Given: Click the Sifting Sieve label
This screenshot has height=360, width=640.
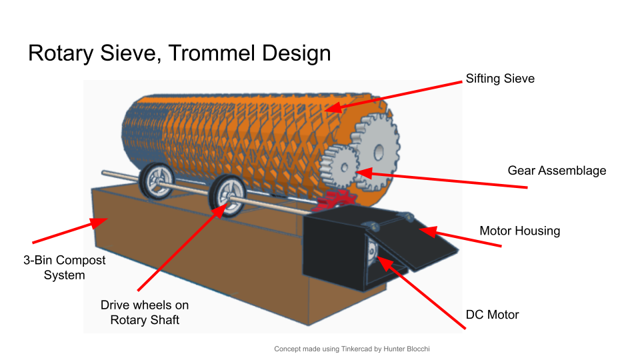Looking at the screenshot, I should [x=500, y=79].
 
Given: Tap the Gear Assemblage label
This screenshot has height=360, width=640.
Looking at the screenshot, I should [x=557, y=171].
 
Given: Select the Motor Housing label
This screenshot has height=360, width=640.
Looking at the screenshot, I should [x=519, y=231].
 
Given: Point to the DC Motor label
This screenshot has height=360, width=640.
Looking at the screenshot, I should [x=492, y=315].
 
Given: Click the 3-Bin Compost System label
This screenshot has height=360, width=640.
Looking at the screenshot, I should [x=65, y=267].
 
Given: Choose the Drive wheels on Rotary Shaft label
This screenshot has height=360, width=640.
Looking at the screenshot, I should [x=145, y=313].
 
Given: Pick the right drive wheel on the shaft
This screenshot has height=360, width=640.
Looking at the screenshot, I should [x=227, y=195].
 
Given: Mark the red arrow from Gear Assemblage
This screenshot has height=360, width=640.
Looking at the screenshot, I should [x=440, y=180].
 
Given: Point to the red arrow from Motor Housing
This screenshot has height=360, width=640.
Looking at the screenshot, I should [x=460, y=238].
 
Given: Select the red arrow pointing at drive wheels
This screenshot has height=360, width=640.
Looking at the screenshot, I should [x=180, y=250].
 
